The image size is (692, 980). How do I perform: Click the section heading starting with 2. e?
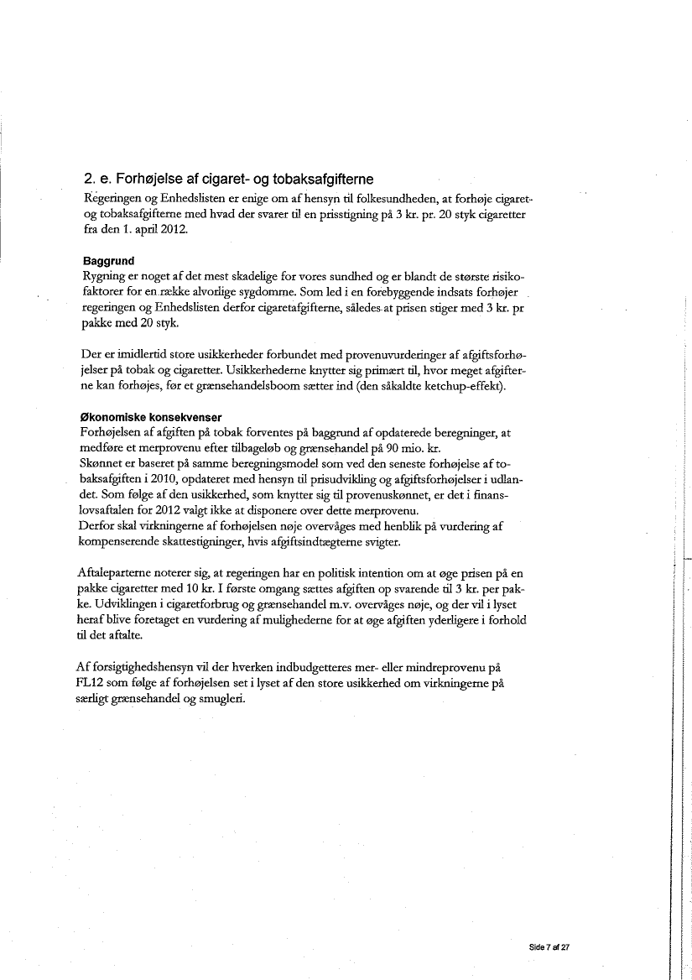pos(228,180)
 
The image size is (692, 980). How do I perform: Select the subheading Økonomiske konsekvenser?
pos(152,418)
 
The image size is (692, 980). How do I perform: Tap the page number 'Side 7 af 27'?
pos(549,946)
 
